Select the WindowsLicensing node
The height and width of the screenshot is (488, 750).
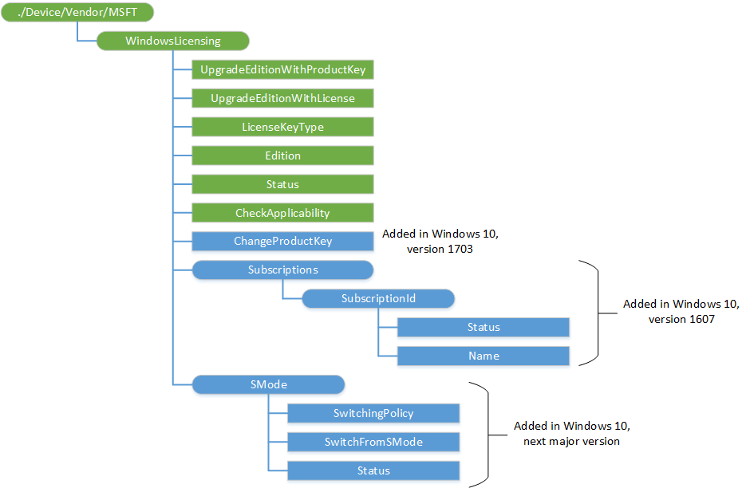click(x=173, y=41)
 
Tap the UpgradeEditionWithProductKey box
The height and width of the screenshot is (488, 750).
click(x=283, y=69)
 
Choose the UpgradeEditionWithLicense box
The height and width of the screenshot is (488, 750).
click(x=283, y=98)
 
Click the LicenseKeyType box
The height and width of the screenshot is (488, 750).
click(x=283, y=127)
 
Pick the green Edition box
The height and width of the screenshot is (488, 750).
click(x=283, y=155)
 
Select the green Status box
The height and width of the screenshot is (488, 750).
click(x=283, y=184)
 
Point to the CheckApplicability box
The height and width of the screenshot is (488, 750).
click(x=283, y=213)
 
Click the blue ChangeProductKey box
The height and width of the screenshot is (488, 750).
click(x=283, y=241)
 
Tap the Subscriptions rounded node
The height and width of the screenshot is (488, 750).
click(x=283, y=270)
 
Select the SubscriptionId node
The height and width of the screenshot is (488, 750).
click(x=378, y=298)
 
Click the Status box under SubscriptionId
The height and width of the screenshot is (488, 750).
click(x=484, y=327)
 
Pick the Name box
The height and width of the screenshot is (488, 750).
click(x=484, y=356)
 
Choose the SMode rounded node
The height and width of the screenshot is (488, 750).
click(x=268, y=384)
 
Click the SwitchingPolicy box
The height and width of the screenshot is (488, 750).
click(x=373, y=413)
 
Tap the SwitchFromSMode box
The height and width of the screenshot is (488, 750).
click(x=373, y=442)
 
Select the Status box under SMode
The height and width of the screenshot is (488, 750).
click(x=373, y=470)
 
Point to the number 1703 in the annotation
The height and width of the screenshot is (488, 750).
click(x=465, y=249)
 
